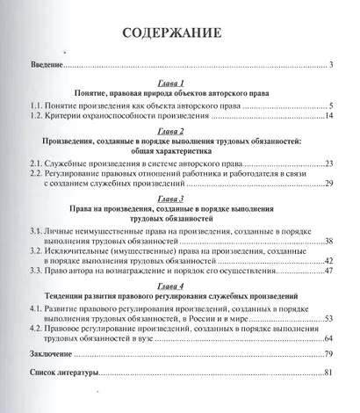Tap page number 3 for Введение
(332, 67)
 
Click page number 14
(329, 116)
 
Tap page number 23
(329, 164)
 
